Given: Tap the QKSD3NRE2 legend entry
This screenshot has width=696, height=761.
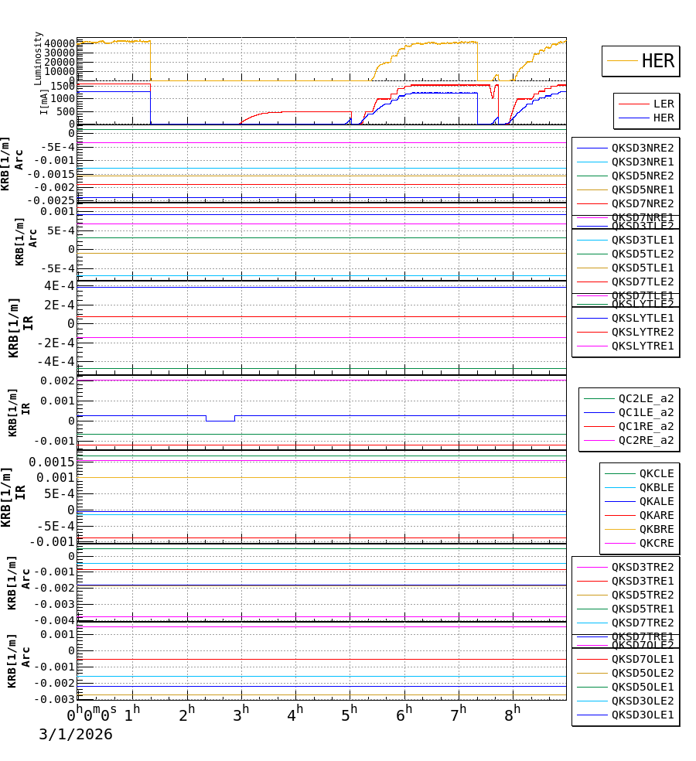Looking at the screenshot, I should point(642,148).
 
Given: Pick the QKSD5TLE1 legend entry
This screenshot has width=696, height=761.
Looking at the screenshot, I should point(642,268).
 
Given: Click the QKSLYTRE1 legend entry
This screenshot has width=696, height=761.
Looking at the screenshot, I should point(642,346).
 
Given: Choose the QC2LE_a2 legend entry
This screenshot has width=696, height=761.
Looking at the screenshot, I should point(645,398).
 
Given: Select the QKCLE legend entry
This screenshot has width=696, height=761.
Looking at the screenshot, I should point(656,473).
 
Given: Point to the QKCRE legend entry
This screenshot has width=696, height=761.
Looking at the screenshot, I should point(656,543).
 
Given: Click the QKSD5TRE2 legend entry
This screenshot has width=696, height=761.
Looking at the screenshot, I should point(642,595).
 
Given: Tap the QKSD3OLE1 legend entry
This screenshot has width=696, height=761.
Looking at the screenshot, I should point(642,715).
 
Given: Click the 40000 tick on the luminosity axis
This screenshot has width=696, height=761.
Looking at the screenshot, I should point(60,43).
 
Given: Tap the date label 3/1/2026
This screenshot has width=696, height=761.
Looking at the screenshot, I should point(76,735).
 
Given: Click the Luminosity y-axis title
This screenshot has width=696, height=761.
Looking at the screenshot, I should point(38,58).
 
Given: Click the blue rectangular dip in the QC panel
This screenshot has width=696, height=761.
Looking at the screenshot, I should point(220,420).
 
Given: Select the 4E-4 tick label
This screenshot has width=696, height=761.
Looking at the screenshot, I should point(59,286).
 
